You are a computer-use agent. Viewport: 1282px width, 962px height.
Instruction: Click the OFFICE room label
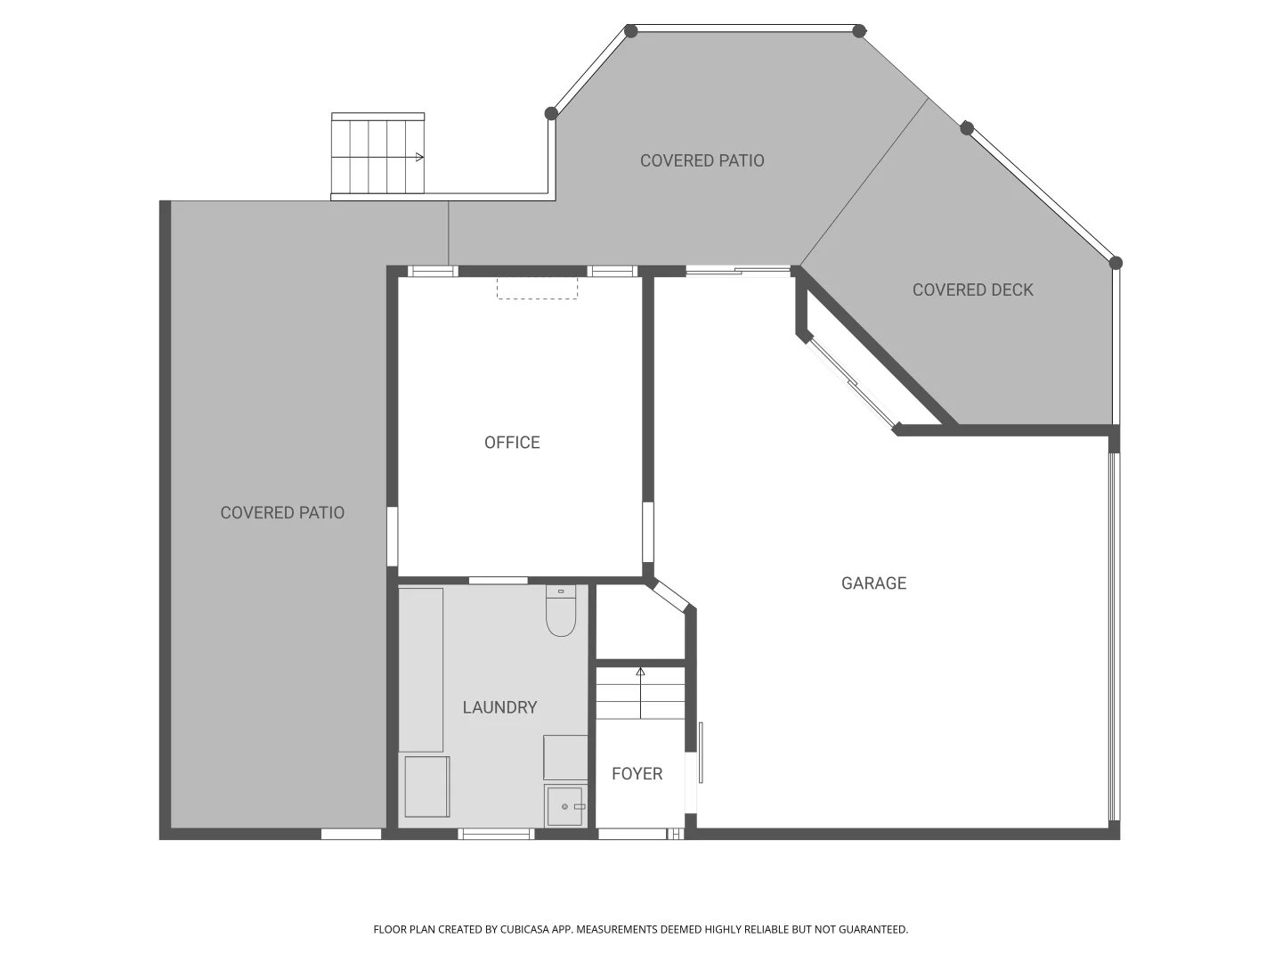[512, 443]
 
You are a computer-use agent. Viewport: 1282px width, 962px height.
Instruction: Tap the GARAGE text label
[873, 583]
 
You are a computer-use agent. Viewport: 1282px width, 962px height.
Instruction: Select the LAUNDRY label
[499, 707]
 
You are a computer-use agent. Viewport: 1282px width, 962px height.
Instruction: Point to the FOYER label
[637, 774]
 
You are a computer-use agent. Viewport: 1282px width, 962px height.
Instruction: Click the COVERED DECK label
[972, 289]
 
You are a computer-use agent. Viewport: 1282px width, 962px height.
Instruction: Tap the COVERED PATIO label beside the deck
[702, 160]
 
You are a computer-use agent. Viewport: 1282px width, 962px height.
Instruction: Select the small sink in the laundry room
[564, 806]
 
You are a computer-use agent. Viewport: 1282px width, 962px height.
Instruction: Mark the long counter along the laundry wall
[421, 669]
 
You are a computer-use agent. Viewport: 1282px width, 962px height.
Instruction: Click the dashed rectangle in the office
[537, 288]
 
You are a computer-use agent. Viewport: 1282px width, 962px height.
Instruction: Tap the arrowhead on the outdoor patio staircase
[418, 158]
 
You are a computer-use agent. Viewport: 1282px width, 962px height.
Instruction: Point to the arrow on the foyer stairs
[640, 673]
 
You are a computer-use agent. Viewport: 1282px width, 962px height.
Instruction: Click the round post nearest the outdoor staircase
[551, 113]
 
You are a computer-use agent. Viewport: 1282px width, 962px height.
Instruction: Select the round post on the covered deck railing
[967, 128]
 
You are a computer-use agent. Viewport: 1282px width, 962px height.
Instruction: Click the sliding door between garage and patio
[738, 271]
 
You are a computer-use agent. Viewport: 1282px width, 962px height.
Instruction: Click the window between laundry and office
[498, 581]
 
